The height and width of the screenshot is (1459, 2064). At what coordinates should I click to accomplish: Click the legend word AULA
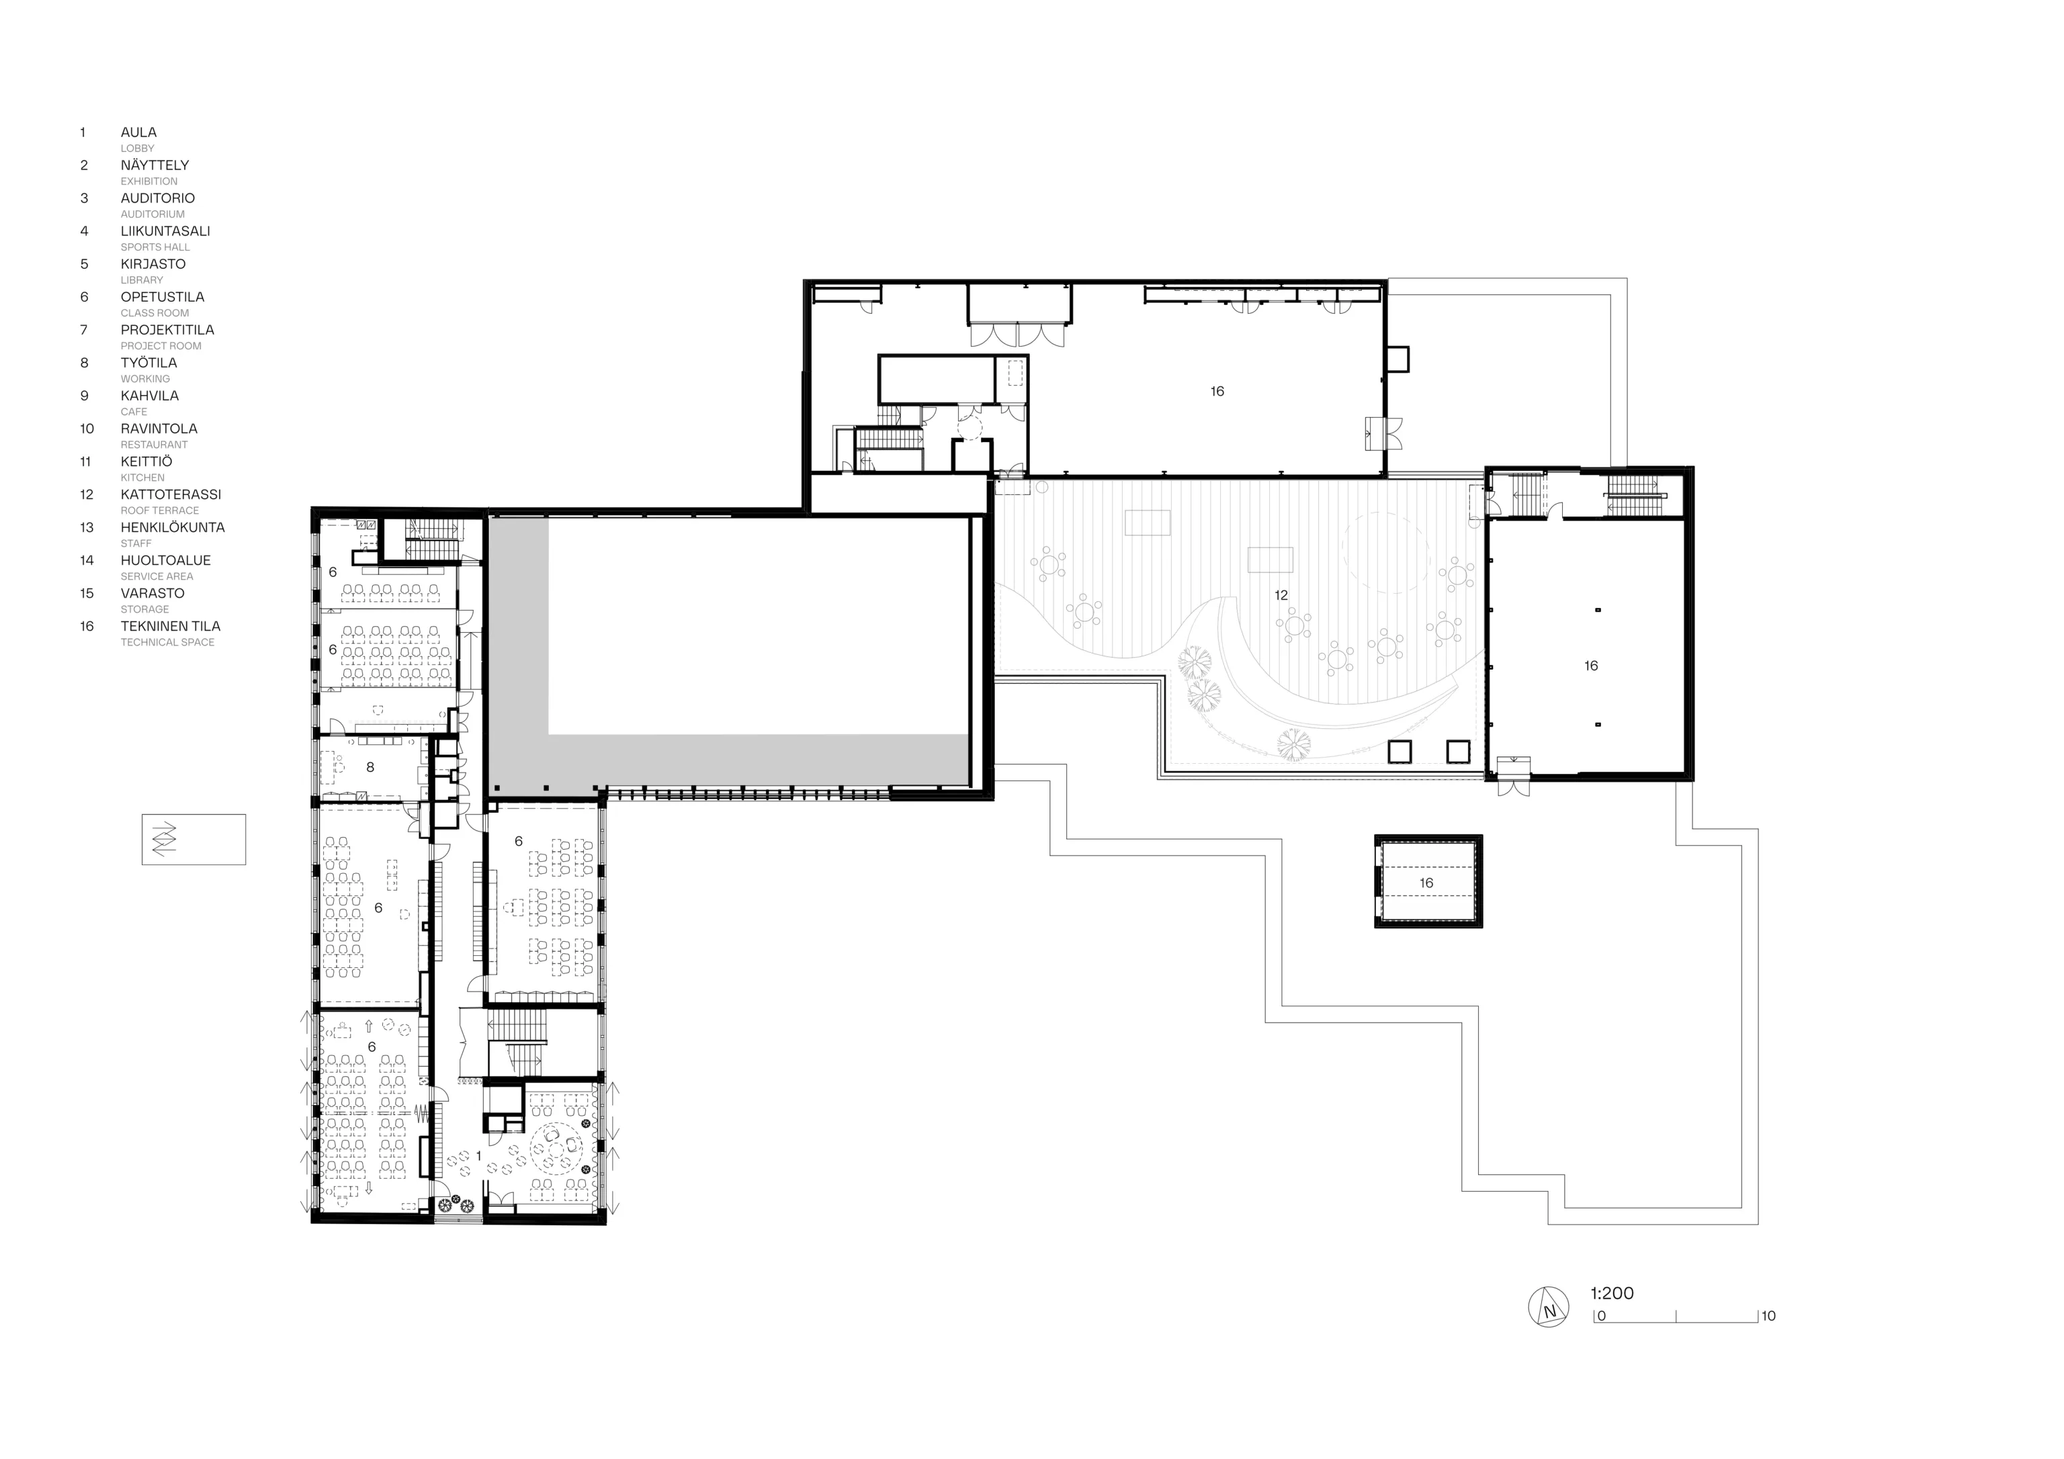pos(138,132)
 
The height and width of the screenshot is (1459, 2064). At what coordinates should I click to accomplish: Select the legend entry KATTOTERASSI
pos(171,494)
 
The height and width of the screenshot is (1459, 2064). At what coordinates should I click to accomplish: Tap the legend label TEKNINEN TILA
pos(170,627)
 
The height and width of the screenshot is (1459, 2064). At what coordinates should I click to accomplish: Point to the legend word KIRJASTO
pos(153,264)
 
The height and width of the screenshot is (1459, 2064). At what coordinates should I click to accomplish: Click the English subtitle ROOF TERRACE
pos(160,511)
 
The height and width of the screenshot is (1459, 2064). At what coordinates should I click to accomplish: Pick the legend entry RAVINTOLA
pos(159,429)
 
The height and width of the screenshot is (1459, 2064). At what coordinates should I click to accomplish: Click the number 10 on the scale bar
pos(1768,1316)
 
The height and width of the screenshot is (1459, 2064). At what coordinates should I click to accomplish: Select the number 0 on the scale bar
pos(1601,1316)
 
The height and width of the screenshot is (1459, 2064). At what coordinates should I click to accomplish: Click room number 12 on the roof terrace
pos(1281,595)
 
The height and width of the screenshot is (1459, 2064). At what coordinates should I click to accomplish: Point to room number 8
pos(370,768)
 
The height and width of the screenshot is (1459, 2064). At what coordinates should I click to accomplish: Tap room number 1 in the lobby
pos(478,1155)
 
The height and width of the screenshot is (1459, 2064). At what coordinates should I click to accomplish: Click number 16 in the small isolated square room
pos(1426,883)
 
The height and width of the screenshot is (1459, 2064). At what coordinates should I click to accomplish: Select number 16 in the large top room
pos(1217,391)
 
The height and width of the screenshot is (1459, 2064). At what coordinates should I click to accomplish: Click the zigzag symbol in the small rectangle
pos(164,839)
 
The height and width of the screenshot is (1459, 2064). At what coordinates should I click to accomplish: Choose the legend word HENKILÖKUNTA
pos(173,528)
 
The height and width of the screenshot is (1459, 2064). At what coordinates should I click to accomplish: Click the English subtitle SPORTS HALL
pos(155,247)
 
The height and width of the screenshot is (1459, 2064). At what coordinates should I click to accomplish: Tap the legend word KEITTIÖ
pos(146,461)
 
